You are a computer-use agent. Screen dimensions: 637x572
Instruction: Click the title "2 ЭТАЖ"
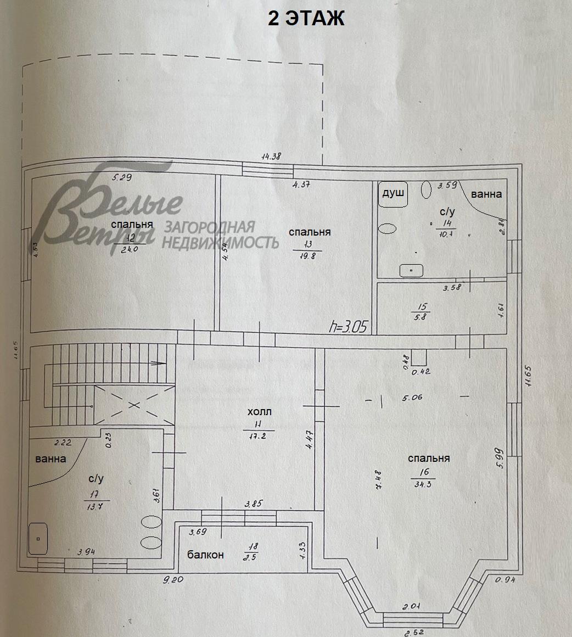[x=306, y=18]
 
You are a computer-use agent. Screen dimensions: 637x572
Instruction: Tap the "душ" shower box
[x=392, y=194]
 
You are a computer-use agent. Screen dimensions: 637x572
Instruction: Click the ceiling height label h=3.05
[x=350, y=328]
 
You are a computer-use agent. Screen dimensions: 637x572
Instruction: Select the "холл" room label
[x=260, y=412]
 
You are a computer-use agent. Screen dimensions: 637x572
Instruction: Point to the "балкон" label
[x=205, y=555]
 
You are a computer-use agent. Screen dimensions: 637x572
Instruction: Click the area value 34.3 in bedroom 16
[x=423, y=484]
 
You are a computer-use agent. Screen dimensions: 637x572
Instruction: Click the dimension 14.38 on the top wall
[x=271, y=156]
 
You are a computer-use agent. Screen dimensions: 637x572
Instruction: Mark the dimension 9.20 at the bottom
[x=175, y=579]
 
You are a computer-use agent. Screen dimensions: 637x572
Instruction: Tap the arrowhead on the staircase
[x=160, y=363]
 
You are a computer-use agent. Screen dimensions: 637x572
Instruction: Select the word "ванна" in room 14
[x=486, y=194]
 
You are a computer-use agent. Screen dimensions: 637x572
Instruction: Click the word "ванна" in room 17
[x=51, y=459]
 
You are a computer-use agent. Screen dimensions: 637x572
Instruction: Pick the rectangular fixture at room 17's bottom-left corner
[x=38, y=539]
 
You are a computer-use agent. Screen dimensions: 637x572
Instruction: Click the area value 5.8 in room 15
[x=423, y=317]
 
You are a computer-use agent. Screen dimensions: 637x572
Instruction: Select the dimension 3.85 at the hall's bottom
[x=255, y=503]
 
